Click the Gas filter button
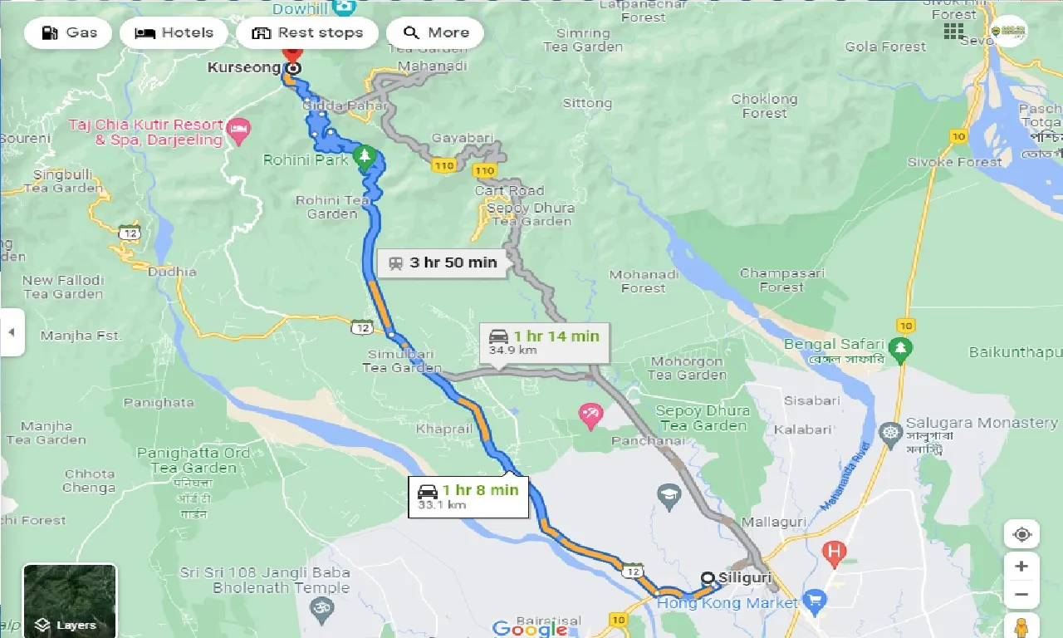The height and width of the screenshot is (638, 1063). click(x=68, y=33)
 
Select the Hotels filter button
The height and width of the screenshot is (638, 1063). click(x=174, y=33)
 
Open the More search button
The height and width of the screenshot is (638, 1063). click(x=435, y=33)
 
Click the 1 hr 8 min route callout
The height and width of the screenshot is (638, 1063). click(x=468, y=497)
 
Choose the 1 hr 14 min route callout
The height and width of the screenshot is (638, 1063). click(x=544, y=342)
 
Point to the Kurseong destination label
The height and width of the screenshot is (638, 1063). click(x=244, y=67)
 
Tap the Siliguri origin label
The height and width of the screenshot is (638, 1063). click(x=746, y=577)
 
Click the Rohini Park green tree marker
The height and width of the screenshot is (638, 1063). click(x=364, y=156)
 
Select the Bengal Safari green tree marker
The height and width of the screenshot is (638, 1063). click(x=899, y=347)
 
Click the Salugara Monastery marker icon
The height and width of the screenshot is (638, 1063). click(x=890, y=432)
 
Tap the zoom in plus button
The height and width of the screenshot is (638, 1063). click(x=1021, y=566)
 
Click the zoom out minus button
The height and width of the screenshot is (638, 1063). click(x=1021, y=595)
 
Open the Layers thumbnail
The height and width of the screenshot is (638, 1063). click(x=70, y=601)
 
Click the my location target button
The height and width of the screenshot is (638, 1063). click(x=1021, y=534)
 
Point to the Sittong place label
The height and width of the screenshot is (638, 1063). click(x=587, y=103)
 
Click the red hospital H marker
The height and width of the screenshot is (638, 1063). click(x=834, y=550)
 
